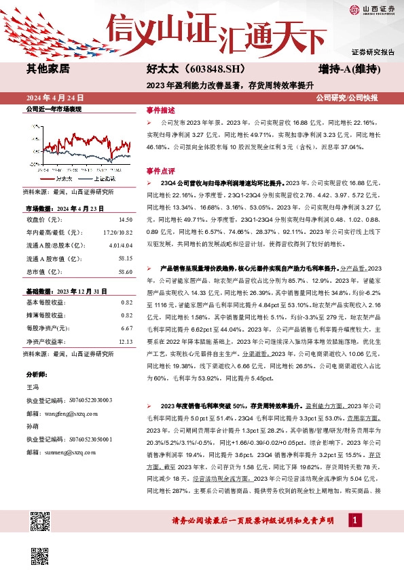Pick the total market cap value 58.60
click(125, 253)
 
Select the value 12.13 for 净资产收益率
click(125, 342)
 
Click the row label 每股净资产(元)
click(47, 328)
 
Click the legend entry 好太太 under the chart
click(64, 178)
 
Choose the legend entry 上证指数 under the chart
click(104, 178)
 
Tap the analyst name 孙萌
click(32, 427)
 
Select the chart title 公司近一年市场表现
click(53, 109)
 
